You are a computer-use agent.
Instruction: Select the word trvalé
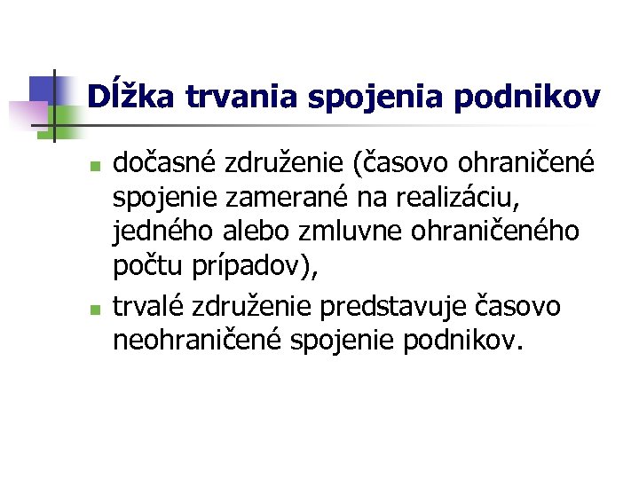(x=147, y=306)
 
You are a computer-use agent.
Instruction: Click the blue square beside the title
(x=43, y=90)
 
